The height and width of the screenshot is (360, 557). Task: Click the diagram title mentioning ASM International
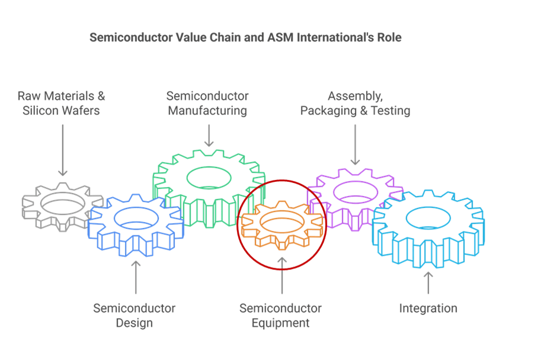coord(245,37)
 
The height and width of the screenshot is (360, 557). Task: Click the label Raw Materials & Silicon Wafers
coord(61,103)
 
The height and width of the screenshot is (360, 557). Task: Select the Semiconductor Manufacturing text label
coord(207,103)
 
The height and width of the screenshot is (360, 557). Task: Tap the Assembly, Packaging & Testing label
coord(355,103)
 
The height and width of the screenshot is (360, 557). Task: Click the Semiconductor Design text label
coord(135,315)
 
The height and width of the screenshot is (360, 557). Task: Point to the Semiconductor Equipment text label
coord(281,315)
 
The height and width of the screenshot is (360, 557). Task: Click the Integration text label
coord(428,308)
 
